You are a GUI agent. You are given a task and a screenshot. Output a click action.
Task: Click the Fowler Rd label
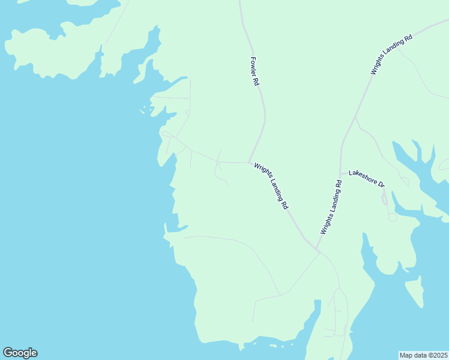click(255, 72)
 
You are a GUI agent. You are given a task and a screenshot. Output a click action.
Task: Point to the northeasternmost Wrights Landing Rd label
click(391, 55)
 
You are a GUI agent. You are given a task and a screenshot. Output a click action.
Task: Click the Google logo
click(20, 353)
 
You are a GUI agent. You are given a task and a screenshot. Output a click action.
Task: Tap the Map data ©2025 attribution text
click(423, 355)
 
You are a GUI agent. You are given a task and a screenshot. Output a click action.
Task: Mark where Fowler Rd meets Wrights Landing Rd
click(249, 162)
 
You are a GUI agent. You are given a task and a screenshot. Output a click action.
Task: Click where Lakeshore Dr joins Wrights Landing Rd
click(341, 174)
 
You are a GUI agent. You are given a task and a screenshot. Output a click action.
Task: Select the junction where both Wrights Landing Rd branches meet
click(316, 249)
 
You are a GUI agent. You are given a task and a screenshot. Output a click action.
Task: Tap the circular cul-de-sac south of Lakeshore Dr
click(393, 217)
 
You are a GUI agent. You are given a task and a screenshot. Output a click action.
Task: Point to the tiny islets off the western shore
click(144, 110)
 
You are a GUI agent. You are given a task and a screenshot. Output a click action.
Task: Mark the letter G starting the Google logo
click(8, 353)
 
